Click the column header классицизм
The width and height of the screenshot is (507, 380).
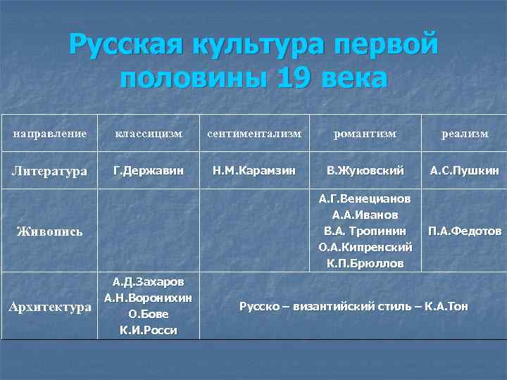coord(149,133)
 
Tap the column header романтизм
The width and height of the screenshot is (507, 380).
coord(365,133)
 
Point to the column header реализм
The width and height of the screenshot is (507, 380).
coord(464,134)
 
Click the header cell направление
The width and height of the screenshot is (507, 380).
coord(50,133)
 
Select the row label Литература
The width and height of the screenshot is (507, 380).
coord(49,171)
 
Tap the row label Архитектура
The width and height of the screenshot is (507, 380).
coord(50,307)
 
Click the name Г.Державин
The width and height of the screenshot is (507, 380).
coord(149,170)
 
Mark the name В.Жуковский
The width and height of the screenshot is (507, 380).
coord(365,170)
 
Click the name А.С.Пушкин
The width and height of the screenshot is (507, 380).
coord(464,170)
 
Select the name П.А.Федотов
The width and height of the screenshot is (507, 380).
coord(464,231)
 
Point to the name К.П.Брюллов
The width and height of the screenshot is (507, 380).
coord(365,264)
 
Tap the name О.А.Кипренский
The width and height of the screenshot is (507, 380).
coord(365,247)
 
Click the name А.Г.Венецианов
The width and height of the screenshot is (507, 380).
coord(365,198)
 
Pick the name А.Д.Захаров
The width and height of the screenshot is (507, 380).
coord(149,281)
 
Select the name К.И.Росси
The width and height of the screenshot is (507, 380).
coord(149,330)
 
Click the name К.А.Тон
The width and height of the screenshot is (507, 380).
coord(446,306)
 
